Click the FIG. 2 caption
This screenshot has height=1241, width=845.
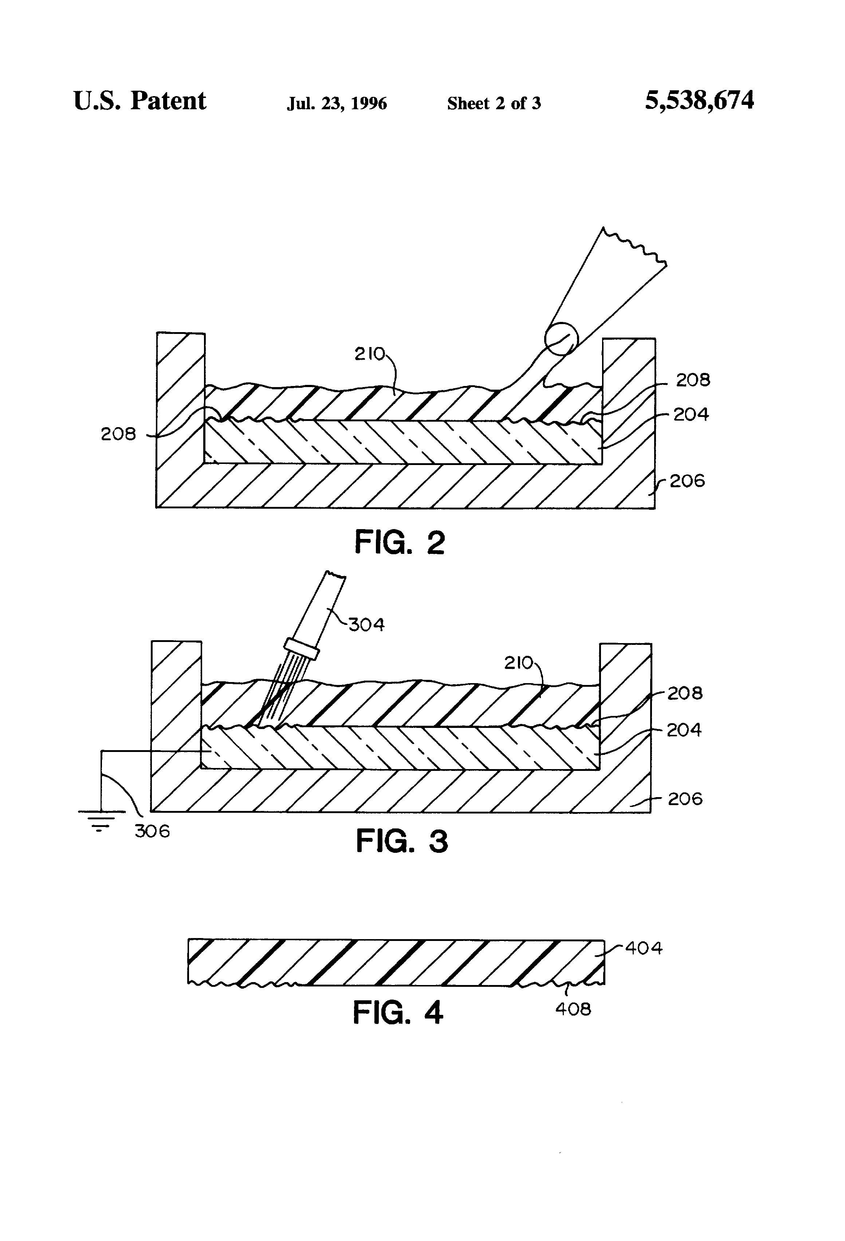pyautogui.click(x=400, y=543)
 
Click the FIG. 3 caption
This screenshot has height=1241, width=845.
pyautogui.click(x=402, y=841)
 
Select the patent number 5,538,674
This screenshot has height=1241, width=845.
pyautogui.click(x=699, y=101)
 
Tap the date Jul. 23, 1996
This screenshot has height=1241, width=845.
pyautogui.click(x=337, y=103)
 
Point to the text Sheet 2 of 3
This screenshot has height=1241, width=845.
pyautogui.click(x=494, y=103)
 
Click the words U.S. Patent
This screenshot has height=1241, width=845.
pyautogui.click(x=139, y=101)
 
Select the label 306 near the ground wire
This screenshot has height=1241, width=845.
pyautogui.click(x=152, y=831)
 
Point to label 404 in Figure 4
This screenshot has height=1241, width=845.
pyautogui.click(x=644, y=948)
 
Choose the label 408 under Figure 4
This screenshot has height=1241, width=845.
pyautogui.click(x=573, y=1009)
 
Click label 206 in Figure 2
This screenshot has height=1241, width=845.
pyautogui.click(x=687, y=481)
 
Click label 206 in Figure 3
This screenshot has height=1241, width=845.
pyautogui.click(x=685, y=799)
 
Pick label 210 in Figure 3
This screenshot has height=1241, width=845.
pyautogui.click(x=519, y=663)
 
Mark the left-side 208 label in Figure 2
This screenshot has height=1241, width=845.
pyautogui.click(x=119, y=434)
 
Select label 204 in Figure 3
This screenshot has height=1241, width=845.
pyautogui.click(x=684, y=730)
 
